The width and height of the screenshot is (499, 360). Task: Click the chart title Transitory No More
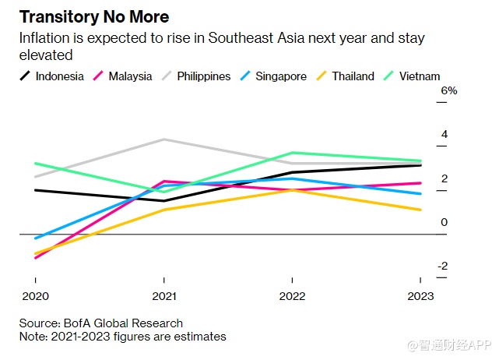point(94,16)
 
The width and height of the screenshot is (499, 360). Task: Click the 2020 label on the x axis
point(35,296)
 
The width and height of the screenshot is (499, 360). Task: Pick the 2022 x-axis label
point(291,296)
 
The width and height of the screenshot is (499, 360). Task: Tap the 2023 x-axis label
point(420,296)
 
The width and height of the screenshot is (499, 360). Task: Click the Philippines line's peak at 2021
point(163,139)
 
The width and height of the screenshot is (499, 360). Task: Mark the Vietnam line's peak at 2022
point(292,153)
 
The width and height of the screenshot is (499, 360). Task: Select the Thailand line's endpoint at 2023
point(420,210)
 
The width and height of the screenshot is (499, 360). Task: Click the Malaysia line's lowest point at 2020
point(36,258)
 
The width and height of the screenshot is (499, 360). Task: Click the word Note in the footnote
point(32,337)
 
